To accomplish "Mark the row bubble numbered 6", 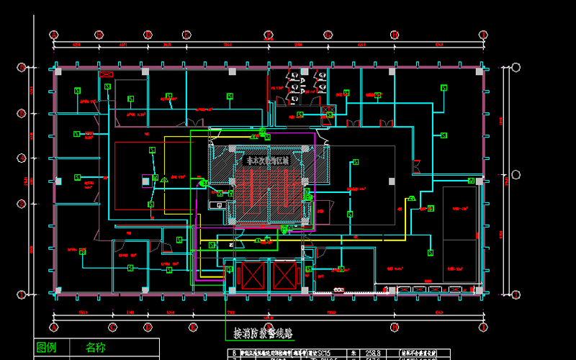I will pos(22,68).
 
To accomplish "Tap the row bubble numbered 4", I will pos(22,179).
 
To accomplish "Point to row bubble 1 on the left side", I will pos(22,292).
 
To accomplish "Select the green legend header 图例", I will pos(46,348).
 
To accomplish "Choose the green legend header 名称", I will pos(95,348).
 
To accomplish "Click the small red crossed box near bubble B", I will pos(107,74).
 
